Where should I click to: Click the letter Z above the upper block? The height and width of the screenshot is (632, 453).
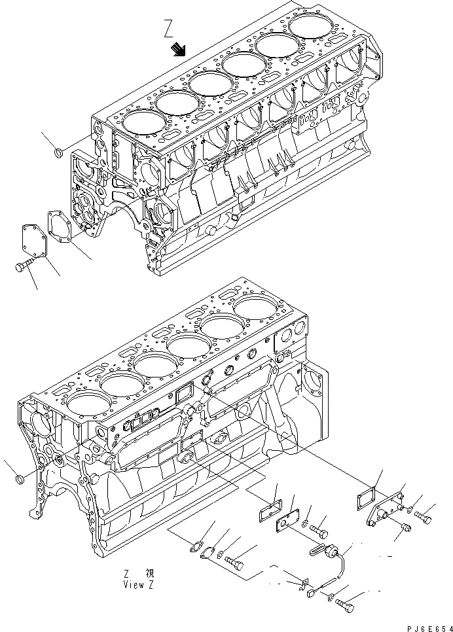169,29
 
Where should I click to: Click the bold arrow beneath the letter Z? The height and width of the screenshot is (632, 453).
179,50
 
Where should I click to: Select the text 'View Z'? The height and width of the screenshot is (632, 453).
138,585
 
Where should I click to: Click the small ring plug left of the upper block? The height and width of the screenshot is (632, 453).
57,154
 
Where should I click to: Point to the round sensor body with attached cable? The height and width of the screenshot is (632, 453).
336,555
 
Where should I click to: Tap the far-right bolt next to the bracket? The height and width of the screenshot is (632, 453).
424,517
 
